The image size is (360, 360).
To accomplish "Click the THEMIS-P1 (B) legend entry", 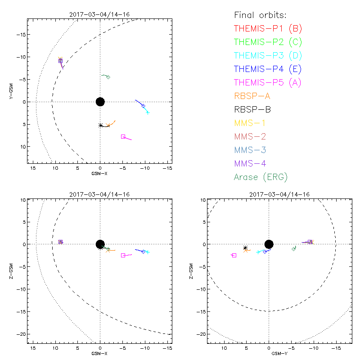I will click(x=268, y=28).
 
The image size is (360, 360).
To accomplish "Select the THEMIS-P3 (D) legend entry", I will click(x=268, y=55).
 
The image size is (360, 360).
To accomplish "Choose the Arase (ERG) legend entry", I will click(x=261, y=176).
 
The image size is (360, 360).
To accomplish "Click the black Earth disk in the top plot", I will click(x=100, y=102).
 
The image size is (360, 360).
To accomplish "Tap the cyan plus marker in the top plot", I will click(x=148, y=112).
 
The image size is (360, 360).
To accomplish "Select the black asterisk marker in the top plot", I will click(x=100, y=125).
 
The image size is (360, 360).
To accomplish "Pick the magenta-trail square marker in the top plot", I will click(x=123, y=136).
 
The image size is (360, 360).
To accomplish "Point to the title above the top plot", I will click(x=99, y=14).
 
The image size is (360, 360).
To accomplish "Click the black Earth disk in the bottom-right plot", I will click(x=269, y=244).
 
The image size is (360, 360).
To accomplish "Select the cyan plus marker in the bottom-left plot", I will click(x=148, y=252).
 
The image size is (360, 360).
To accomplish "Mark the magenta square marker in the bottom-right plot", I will click(x=234, y=255).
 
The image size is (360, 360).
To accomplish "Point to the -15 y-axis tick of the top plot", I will click(x=21, y=35).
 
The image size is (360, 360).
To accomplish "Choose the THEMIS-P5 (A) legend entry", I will click(x=268, y=82).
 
